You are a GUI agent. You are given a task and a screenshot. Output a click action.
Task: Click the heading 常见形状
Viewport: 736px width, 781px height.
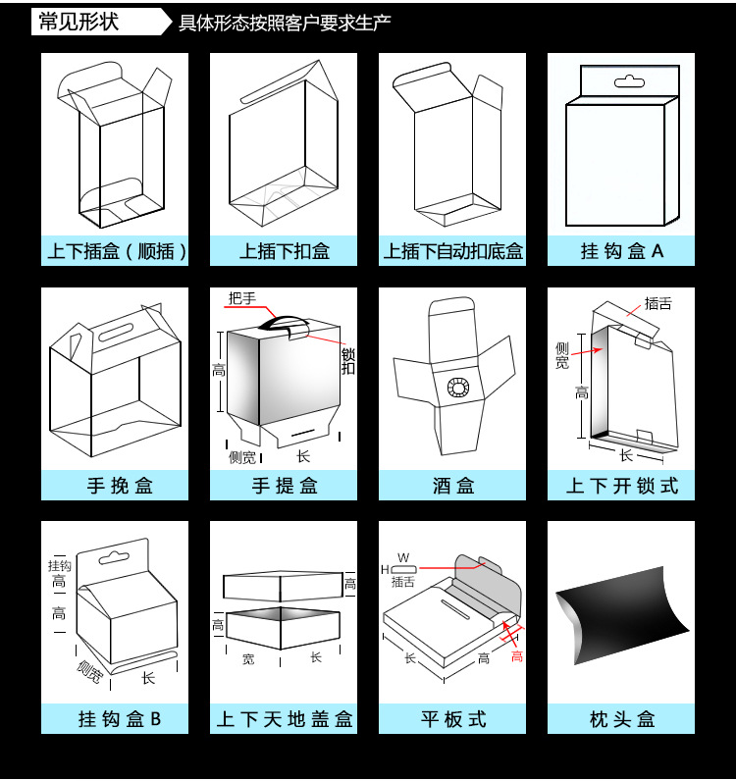(78, 21)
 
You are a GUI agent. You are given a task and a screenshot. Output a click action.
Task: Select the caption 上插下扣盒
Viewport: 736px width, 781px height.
(285, 251)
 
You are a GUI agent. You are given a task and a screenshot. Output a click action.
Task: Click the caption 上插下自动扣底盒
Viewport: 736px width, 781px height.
(453, 251)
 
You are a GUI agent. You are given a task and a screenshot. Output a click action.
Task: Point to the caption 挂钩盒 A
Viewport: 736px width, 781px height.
(622, 251)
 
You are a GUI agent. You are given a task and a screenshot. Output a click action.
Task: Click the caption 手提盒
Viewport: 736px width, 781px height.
(285, 486)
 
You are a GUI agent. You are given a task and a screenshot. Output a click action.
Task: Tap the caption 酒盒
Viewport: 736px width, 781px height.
(453, 486)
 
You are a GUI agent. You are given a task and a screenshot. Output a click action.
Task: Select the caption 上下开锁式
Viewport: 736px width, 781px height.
(622, 486)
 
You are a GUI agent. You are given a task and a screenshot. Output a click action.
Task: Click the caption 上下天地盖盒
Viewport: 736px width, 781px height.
(285, 719)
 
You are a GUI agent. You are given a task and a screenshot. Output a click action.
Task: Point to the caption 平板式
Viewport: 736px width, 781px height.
(453, 719)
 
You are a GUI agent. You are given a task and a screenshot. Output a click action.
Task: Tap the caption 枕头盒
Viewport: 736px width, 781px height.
(622, 719)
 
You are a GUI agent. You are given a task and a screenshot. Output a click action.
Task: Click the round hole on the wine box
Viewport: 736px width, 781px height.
(457, 388)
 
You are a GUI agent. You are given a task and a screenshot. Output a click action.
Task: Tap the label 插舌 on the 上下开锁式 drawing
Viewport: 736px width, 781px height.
(658, 304)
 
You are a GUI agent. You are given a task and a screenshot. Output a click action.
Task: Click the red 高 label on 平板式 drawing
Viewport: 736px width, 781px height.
(516, 655)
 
